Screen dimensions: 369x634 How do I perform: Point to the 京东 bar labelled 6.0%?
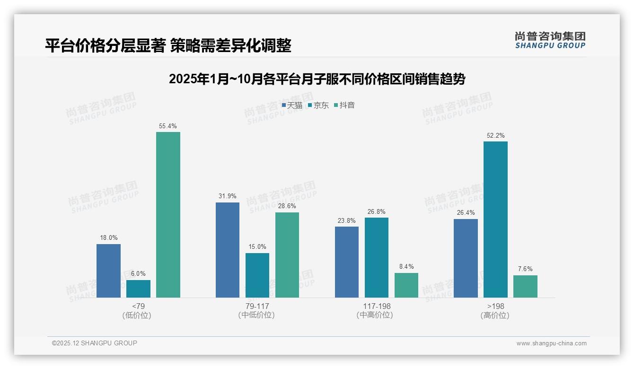tap(138, 289)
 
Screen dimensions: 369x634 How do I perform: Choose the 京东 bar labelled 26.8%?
tap(376, 257)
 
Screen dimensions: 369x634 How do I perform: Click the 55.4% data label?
tap(168, 126)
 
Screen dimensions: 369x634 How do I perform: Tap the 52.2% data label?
tap(495, 136)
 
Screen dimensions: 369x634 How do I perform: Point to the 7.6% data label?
tap(525, 269)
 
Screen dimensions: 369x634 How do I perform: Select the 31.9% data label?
tap(228, 196)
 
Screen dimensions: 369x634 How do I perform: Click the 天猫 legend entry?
tap(292, 105)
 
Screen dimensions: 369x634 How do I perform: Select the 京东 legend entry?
tap(318, 105)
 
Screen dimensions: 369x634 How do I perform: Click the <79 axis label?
tap(138, 306)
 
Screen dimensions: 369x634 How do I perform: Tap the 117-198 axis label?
tap(377, 306)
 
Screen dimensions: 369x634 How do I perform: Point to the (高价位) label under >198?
tap(495, 316)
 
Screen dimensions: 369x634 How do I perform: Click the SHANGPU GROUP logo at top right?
tap(550, 40)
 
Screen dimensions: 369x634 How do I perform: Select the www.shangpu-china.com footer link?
tap(551, 343)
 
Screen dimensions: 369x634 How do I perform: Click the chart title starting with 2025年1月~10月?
tap(317, 79)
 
